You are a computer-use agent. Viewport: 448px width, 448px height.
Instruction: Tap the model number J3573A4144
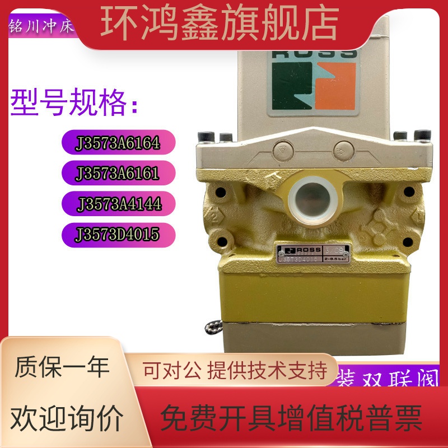tap(120, 203)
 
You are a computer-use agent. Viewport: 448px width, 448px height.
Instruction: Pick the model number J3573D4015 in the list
tap(119, 234)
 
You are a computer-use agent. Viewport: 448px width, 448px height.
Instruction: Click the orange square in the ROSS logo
tap(335, 86)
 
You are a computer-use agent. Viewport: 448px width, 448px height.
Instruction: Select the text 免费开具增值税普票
tap(291, 417)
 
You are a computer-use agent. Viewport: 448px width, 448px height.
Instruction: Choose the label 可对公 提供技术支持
tap(235, 370)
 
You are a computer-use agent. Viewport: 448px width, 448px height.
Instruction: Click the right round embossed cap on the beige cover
tap(341, 150)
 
